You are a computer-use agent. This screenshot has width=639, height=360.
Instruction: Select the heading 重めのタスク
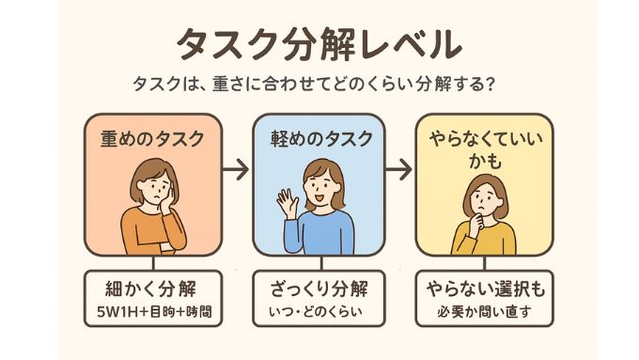coord(152,138)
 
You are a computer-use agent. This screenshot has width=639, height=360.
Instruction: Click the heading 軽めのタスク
coord(319,138)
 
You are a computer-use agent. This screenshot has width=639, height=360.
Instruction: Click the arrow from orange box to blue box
coord(236,170)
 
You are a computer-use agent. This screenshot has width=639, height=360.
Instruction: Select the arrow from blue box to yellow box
coord(399,170)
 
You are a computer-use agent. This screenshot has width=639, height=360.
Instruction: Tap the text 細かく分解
coord(152,287)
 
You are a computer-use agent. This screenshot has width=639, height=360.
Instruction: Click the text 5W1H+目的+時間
coord(152,310)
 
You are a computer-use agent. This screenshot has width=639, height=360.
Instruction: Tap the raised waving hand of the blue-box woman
coord(285,199)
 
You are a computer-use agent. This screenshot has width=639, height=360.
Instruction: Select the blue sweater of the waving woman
coord(324,233)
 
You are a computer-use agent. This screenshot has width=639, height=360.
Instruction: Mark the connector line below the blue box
coord(319,263)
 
